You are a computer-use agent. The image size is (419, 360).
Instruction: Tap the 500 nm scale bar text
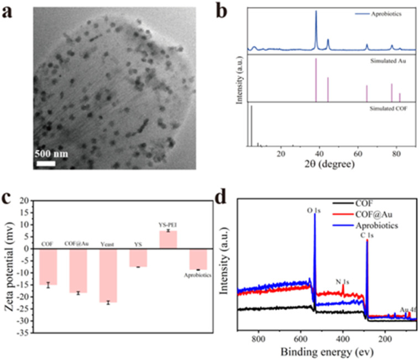tap(52, 153)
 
